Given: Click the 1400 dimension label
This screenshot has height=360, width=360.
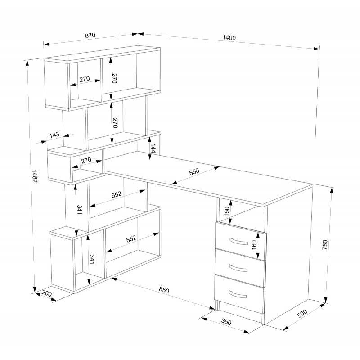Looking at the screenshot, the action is tap(229, 38).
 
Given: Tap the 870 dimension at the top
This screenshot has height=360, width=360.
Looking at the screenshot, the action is tap(90, 36).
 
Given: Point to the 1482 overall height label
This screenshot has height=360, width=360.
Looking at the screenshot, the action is tap(35, 176).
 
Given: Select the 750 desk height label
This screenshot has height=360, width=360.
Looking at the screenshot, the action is tap(325, 245).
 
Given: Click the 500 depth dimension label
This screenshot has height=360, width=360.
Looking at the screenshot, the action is tap(302, 313).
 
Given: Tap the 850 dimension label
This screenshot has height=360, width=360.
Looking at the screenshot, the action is tap(164, 290).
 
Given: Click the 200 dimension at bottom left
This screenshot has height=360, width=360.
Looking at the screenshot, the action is tap(47, 294).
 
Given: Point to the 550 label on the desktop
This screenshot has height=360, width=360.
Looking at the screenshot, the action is tap(194, 172).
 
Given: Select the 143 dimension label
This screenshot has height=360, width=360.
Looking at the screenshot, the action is tap(54, 135).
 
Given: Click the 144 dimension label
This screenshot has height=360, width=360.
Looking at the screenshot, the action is tap(153, 148).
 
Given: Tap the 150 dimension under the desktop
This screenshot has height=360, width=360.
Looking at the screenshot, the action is tap(227, 211).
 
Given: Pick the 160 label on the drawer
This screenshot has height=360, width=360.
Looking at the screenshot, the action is tap(254, 245).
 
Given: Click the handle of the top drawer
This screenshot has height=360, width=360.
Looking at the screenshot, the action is tap(239, 242).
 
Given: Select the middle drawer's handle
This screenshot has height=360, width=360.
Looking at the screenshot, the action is tap(238, 268).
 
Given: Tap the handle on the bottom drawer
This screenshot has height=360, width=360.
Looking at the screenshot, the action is tap(238, 294).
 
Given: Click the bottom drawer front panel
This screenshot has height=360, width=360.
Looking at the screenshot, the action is tap(239, 294).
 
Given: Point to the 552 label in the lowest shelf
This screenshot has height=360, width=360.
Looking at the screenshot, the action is tap(131, 239).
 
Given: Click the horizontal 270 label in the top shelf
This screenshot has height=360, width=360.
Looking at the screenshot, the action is tap(85, 79).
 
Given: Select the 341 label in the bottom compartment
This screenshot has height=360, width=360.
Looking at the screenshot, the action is tap(92, 259).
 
